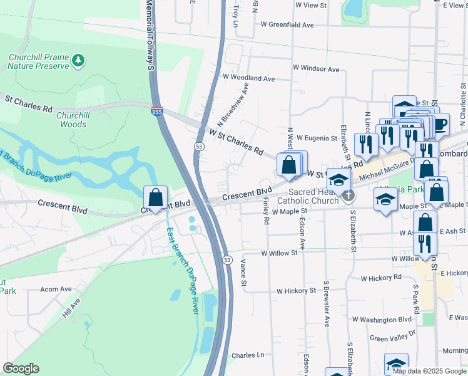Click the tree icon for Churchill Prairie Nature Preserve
click(x=78, y=60)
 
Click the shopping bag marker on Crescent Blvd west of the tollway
click(x=155, y=198)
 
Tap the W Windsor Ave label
click(x=315, y=69)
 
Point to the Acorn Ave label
click(x=56, y=290)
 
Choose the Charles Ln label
click(x=248, y=355)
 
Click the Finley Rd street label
click(x=266, y=211)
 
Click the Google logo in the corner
click(x=21, y=368)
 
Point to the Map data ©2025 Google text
click(x=428, y=371)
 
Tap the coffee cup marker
click(x=440, y=123)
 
